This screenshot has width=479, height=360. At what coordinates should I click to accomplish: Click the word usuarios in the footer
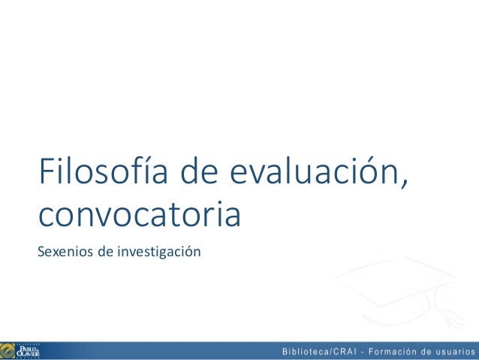(x=456, y=351)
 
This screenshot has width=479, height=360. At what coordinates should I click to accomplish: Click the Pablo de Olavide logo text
(x=29, y=350)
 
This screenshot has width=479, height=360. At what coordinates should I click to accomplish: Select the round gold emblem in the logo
(x=8, y=350)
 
